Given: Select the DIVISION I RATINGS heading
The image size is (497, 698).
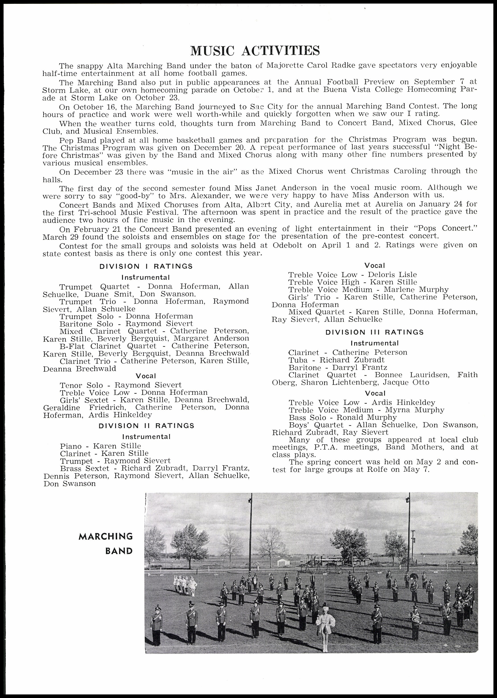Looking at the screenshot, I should click(146, 266).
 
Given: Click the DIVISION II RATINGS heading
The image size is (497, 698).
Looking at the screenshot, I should click(146, 426).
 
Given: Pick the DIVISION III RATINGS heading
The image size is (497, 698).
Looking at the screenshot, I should click(374, 332).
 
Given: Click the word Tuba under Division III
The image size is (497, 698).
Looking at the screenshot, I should click(298, 360).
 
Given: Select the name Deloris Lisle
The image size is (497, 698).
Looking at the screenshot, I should click(392, 275).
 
